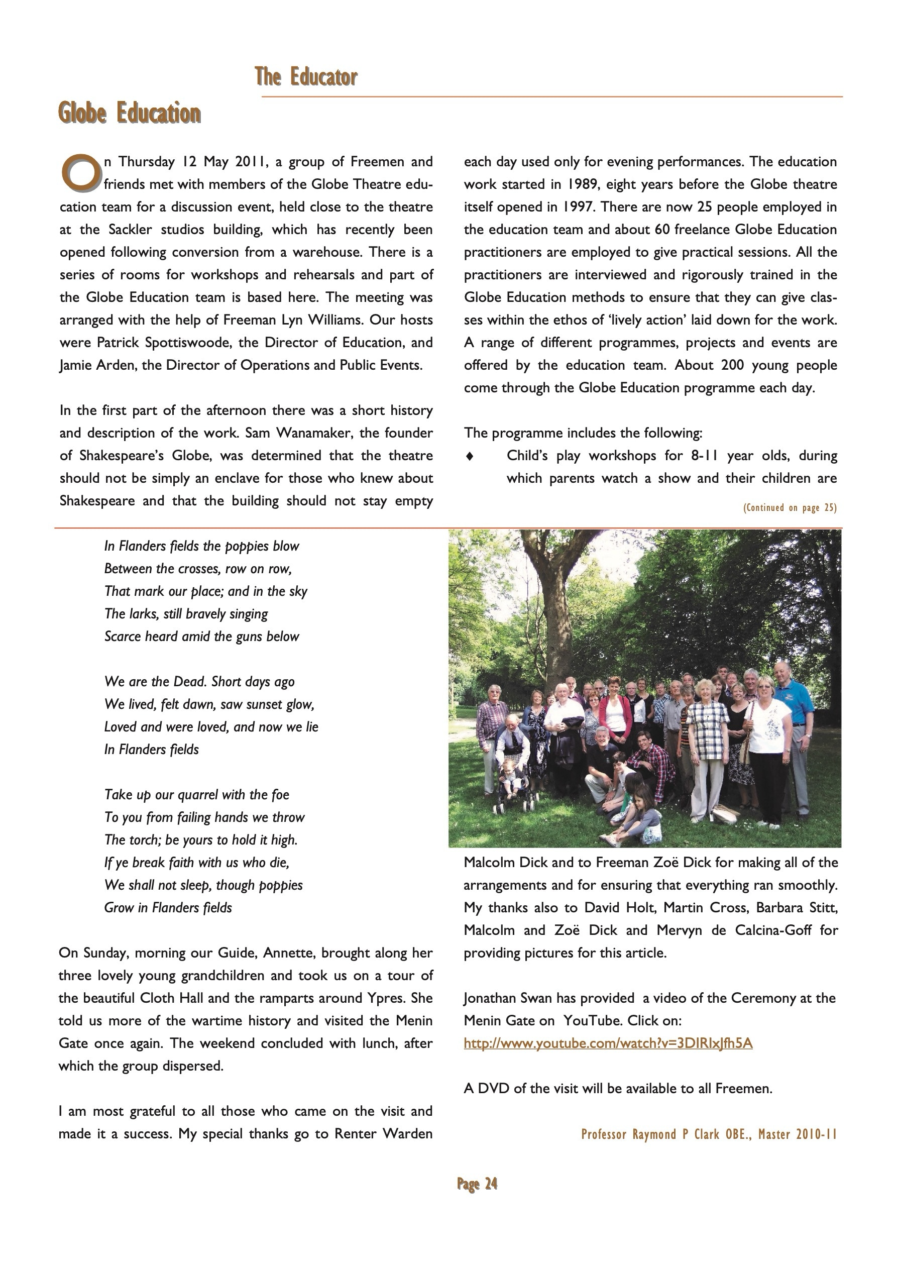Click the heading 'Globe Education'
(x=130, y=114)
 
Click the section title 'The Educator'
(x=306, y=77)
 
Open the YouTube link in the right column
(x=607, y=1043)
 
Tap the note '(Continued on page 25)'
(x=789, y=507)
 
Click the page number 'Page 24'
(x=477, y=1183)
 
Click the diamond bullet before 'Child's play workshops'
(x=470, y=456)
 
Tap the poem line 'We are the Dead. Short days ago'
(x=199, y=682)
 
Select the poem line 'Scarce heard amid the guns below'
(x=201, y=636)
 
